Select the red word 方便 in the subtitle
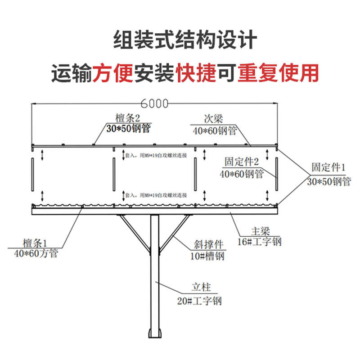point(113,73)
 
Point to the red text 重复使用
point(278,73)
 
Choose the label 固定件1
point(329,168)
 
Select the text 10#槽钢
point(206,256)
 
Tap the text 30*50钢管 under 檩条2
point(128,129)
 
